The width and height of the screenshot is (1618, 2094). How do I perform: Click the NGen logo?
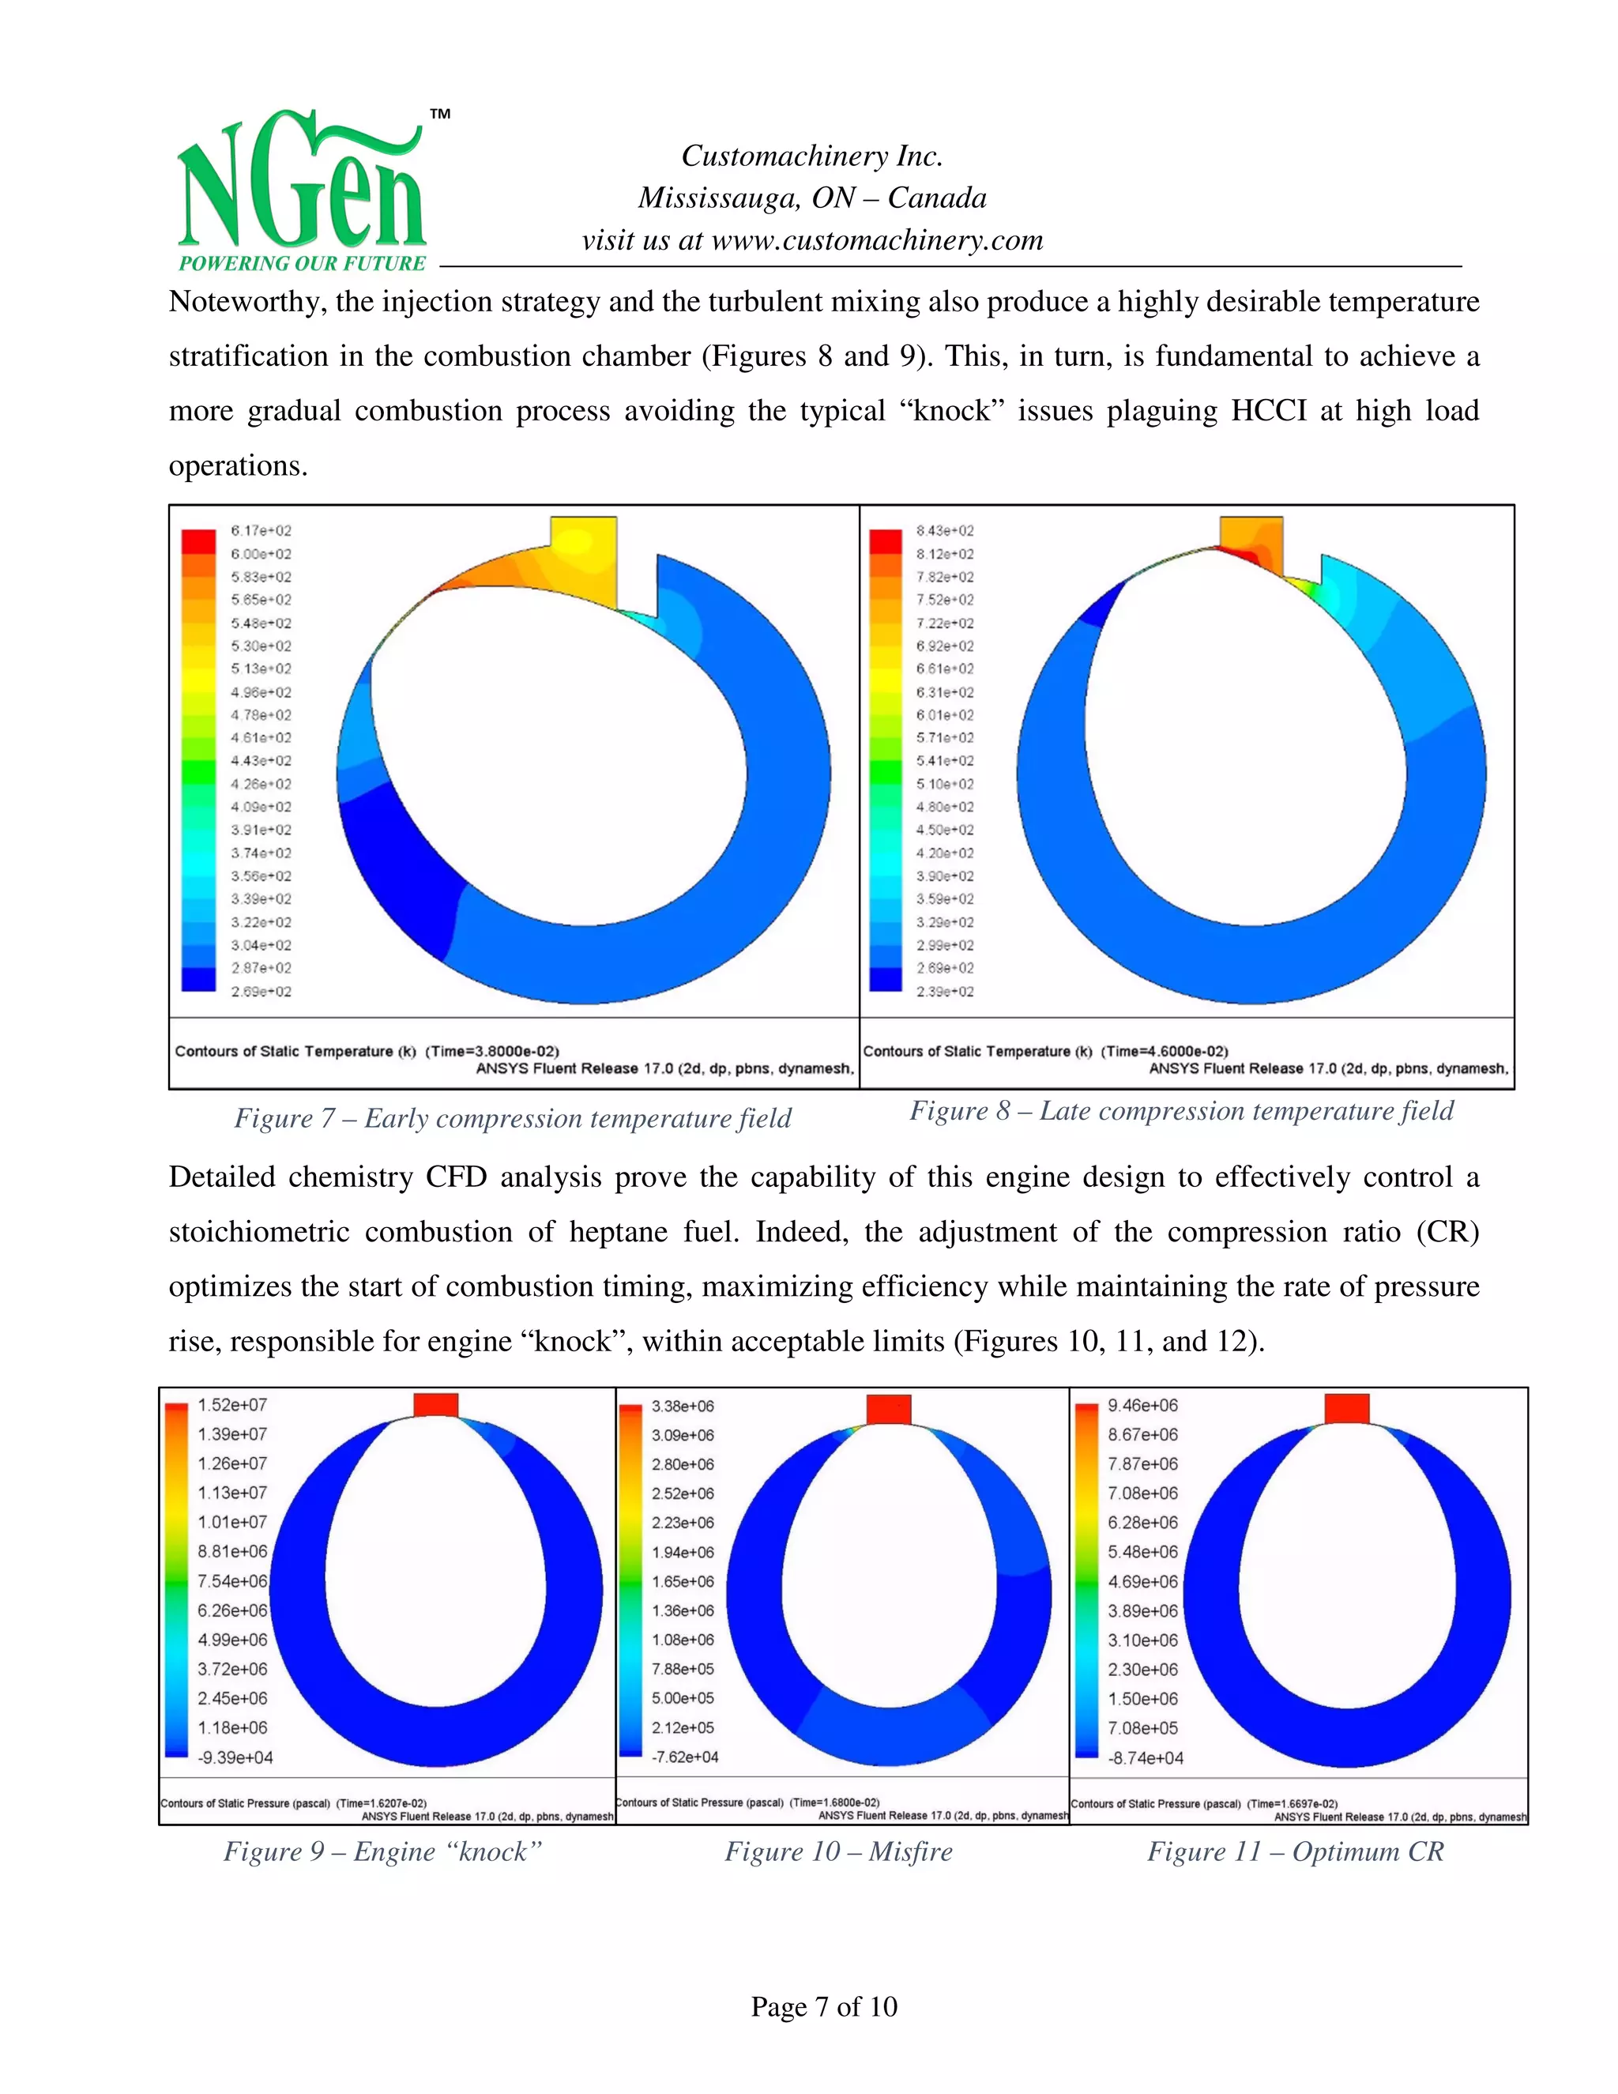tap(301, 192)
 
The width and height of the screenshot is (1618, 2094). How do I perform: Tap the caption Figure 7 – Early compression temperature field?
tap(513, 1118)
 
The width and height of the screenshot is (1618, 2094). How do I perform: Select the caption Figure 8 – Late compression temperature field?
tap(1181, 1110)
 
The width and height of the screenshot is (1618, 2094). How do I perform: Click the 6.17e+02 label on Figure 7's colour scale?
tap(261, 530)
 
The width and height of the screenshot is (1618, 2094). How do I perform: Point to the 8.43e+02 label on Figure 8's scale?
tap(944, 530)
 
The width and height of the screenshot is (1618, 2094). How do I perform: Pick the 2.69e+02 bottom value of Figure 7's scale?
tap(261, 992)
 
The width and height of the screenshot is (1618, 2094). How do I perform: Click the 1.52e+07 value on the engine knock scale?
tap(232, 1405)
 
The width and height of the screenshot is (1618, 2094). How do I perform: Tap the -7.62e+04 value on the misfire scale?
tap(684, 1757)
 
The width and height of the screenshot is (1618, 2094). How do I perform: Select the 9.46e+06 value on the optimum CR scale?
tap(1142, 1405)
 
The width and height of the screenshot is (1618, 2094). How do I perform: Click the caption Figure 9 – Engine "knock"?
tap(382, 1851)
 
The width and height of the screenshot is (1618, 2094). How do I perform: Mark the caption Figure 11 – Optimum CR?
tap(1295, 1851)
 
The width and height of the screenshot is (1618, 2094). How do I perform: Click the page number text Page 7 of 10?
tap(823, 2005)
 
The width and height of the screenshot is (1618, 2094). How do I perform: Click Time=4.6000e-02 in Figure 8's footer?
tap(1164, 1051)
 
